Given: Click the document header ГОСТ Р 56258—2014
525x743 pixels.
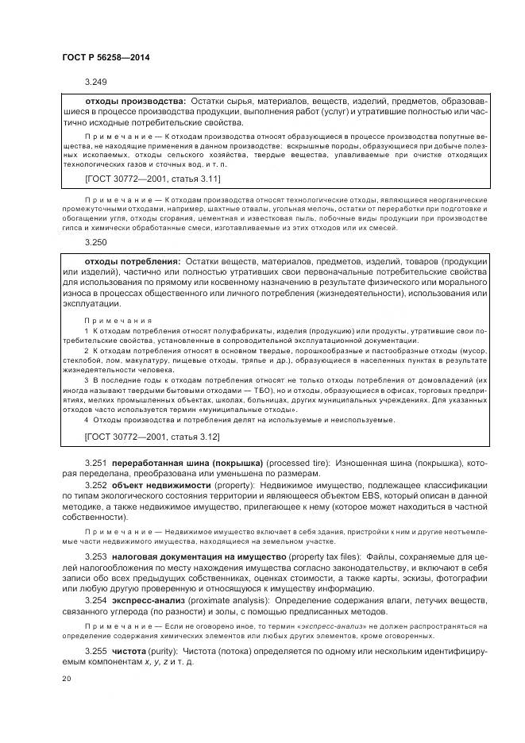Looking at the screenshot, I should (105, 58).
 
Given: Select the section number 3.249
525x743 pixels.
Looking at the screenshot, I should (95, 82).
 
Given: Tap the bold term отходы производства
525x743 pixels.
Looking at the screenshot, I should (135, 102).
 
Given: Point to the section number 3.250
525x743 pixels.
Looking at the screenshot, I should (95, 244).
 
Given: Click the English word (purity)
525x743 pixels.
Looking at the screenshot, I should (169, 652).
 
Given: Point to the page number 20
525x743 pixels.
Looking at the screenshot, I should (67, 679).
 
